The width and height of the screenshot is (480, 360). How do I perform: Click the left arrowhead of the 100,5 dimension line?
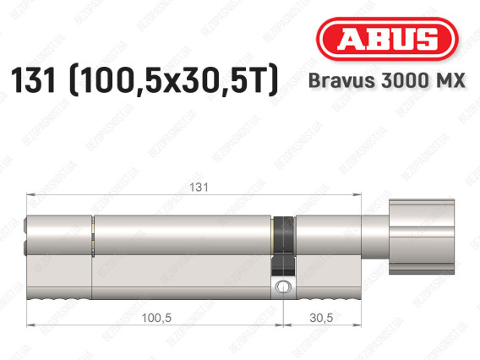pyautogui.click(x=30, y=325)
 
